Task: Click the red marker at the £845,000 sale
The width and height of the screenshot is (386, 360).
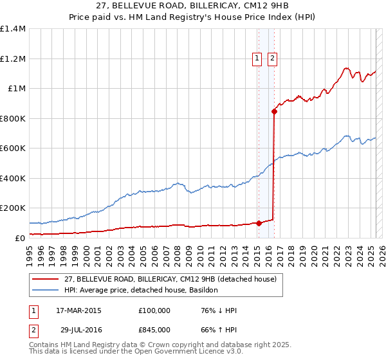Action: (274, 111)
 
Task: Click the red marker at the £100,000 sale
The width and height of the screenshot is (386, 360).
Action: (259, 223)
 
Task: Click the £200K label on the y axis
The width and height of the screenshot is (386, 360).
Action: (13, 208)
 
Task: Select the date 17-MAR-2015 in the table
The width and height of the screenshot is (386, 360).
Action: (79, 310)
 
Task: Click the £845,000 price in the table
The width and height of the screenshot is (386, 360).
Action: (154, 330)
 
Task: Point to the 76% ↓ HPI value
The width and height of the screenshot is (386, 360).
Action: (219, 310)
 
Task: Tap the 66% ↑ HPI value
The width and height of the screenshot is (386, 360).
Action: (219, 330)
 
